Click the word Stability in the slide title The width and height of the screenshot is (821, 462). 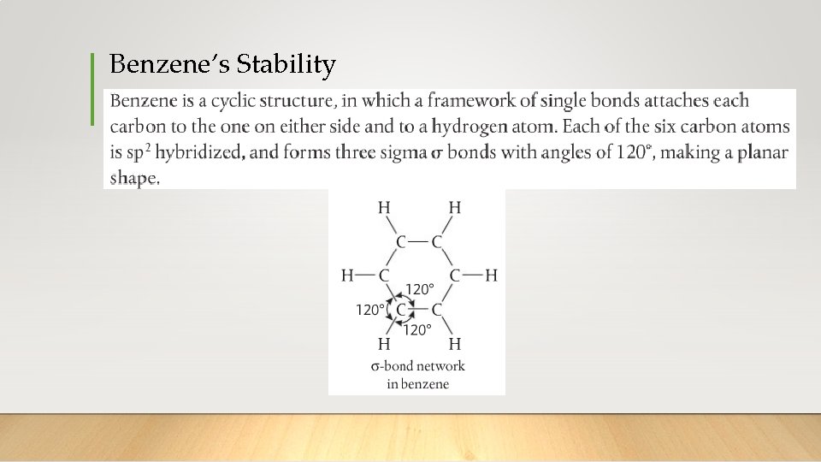(286, 64)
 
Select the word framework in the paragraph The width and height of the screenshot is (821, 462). (470, 101)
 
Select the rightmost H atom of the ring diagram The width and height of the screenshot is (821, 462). (491, 275)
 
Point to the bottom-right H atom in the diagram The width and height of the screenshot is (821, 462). (455, 344)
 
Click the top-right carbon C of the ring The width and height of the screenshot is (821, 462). (437, 242)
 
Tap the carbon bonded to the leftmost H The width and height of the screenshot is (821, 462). (383, 275)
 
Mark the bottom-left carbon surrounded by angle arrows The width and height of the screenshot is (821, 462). (401, 309)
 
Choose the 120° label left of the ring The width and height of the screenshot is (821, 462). (370, 310)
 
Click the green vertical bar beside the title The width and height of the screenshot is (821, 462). (92, 89)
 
